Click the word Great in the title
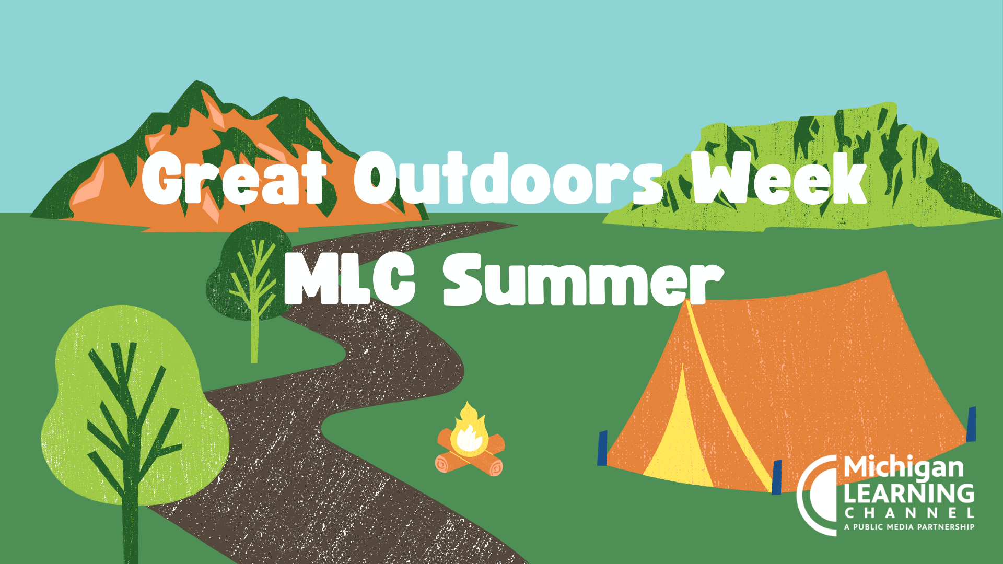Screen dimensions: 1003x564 pos(234,178)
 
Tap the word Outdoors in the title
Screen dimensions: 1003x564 pos(508,178)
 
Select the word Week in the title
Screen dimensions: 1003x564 pos(779,178)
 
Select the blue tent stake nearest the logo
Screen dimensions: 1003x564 pos(777,477)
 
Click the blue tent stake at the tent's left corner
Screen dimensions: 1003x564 pos(602,448)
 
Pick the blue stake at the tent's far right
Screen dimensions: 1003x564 pos(971,424)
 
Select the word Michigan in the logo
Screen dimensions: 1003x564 pos(904,468)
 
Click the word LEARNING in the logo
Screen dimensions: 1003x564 pos(909,494)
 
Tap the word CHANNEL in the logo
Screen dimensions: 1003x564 pos(909,513)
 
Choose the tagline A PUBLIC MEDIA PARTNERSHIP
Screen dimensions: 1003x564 pos(909,527)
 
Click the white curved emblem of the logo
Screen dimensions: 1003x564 pos(807,496)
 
